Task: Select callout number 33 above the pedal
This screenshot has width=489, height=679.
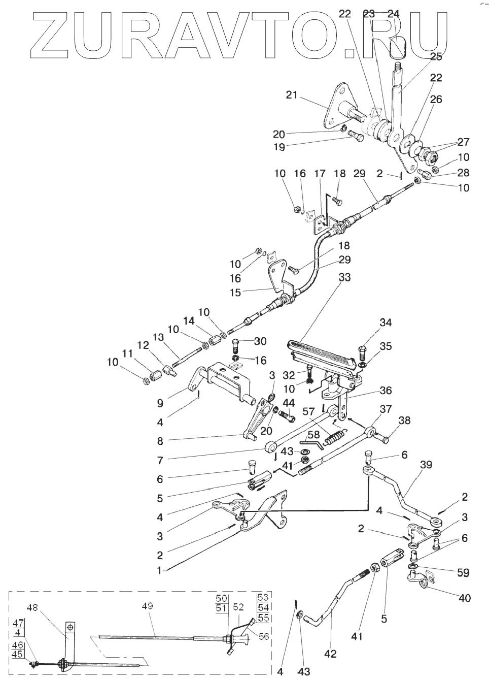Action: tap(345, 278)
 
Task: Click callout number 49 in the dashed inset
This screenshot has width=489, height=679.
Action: tap(147, 606)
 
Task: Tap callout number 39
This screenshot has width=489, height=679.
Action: tap(426, 465)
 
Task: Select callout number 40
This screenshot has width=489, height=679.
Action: tap(464, 598)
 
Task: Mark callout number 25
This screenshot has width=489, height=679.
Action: tap(436, 57)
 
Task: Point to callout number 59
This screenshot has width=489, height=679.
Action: tap(462, 573)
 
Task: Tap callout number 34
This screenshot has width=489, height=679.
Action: tap(386, 322)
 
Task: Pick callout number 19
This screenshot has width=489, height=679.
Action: tap(278, 147)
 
